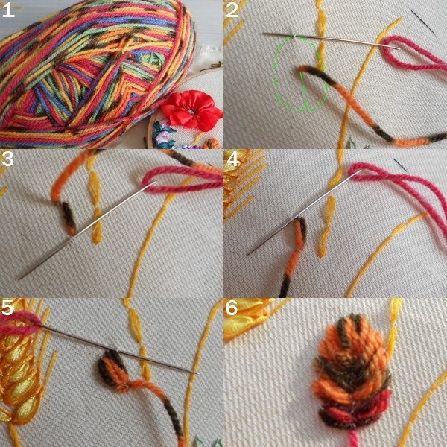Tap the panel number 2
[x=232, y=10]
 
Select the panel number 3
[x=7, y=159]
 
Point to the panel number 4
[x=233, y=159]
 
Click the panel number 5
[x=7, y=308]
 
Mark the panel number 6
[x=232, y=308]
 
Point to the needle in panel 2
[x=331, y=40]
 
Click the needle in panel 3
[x=87, y=229]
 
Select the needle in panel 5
[x=117, y=349]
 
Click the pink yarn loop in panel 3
[x=183, y=180]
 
